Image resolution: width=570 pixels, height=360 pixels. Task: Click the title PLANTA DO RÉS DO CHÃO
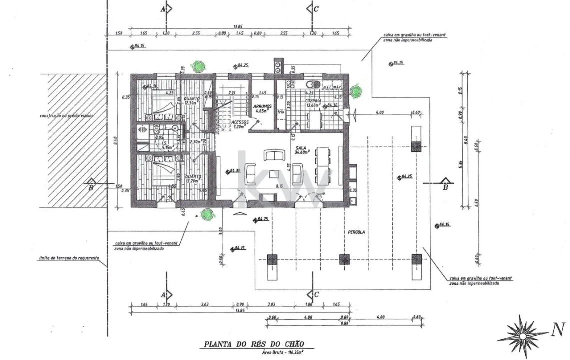(x=252, y=344)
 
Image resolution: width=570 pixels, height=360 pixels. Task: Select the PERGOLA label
(x=357, y=233)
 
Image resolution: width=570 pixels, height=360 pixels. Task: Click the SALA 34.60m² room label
(x=302, y=150)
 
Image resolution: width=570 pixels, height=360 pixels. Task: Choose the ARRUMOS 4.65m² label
(x=262, y=108)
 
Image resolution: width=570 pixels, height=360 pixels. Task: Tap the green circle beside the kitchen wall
(x=355, y=91)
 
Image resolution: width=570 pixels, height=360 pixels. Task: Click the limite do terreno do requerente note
(x=69, y=258)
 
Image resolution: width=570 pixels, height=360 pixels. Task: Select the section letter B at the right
(x=444, y=188)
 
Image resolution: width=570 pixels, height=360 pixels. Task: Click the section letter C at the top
(x=316, y=9)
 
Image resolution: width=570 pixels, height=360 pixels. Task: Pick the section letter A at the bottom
(x=163, y=295)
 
